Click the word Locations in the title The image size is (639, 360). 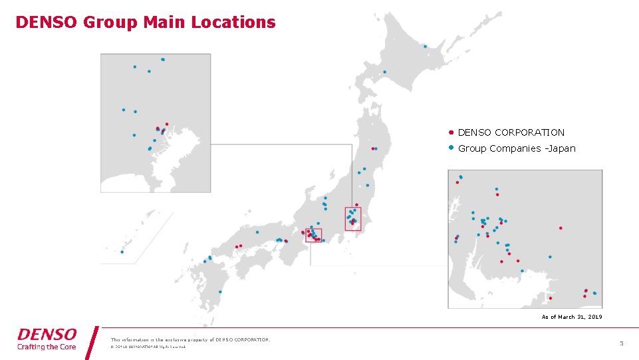coord(233,22)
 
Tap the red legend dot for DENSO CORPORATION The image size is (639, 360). coord(451,132)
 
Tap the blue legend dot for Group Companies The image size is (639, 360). coord(451,148)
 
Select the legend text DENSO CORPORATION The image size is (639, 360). coord(511,132)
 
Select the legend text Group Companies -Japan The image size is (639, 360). coord(517,148)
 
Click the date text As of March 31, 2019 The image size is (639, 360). coord(571,317)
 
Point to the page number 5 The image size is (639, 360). coord(622,343)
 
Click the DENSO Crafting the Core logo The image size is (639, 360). coord(47,338)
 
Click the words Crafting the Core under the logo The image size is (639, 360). coord(47,347)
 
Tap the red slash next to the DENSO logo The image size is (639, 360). coord(92,342)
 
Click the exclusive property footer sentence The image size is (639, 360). coord(190,339)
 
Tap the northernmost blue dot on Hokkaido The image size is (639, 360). coord(426,47)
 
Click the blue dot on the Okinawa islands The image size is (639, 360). coord(122,252)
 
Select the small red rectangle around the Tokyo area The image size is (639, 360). coord(352,219)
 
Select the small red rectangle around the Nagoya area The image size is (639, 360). coord(313,235)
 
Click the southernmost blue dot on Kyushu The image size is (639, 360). coord(220,291)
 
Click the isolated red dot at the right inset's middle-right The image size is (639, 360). coord(561,228)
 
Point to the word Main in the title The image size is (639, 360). coord(166,22)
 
